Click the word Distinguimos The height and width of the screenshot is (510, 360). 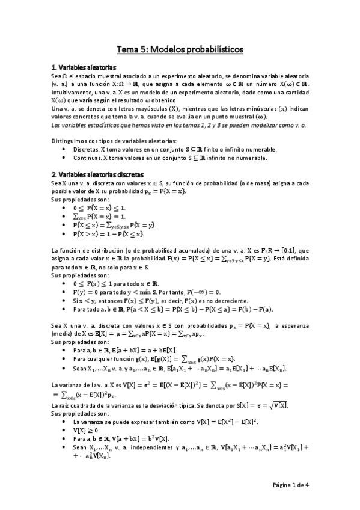coord(70,141)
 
